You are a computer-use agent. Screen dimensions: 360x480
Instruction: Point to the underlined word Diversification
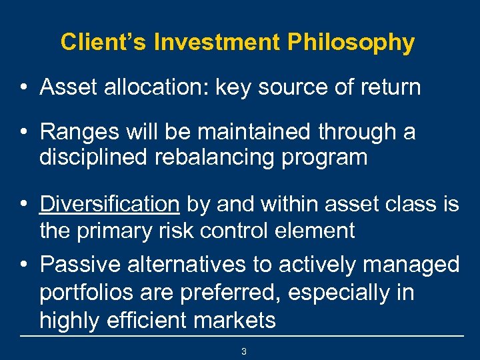[x=109, y=204]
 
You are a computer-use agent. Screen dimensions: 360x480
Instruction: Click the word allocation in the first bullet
[x=155, y=87]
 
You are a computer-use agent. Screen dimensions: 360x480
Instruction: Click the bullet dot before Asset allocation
[x=24, y=87]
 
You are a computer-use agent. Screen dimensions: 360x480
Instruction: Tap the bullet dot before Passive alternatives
[x=24, y=265]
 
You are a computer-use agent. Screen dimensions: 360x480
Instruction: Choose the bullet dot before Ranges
[x=24, y=133]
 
